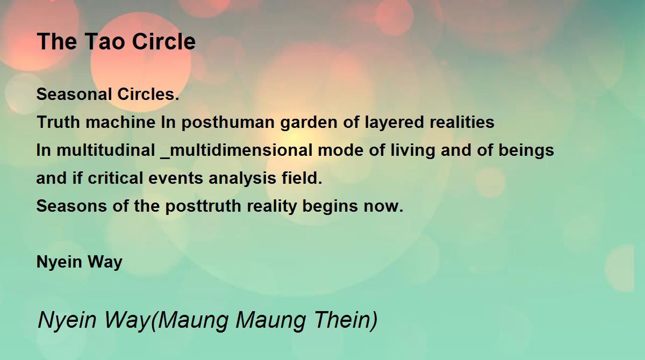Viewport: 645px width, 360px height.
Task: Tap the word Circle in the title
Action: tap(164, 41)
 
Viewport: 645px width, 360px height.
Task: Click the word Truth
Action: tap(58, 122)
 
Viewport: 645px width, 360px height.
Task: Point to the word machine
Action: tap(120, 122)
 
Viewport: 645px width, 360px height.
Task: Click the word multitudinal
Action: tap(106, 150)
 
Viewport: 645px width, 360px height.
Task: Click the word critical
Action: tap(116, 178)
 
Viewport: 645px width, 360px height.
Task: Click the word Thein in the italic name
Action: tap(346, 320)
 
